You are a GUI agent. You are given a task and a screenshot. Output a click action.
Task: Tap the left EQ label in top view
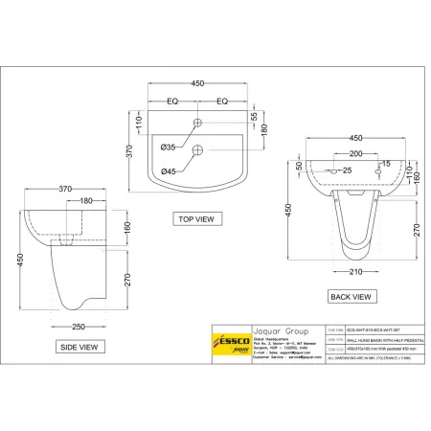pos(173,101)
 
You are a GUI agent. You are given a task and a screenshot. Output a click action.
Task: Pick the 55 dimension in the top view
pos(254,115)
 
